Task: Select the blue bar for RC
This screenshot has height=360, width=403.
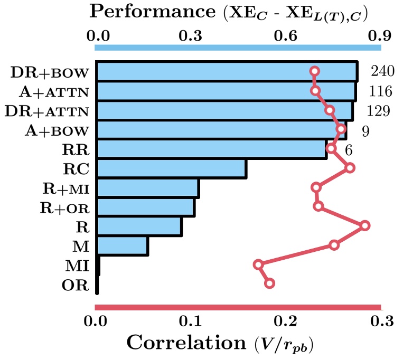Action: point(171,168)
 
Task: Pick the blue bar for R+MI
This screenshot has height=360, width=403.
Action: point(147,188)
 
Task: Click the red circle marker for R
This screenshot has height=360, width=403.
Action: point(364,226)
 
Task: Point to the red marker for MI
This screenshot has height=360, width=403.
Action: point(258,264)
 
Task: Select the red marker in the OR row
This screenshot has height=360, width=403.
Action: point(269,283)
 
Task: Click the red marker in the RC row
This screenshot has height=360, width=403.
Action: point(350,168)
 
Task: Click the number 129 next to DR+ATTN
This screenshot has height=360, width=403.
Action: point(378,111)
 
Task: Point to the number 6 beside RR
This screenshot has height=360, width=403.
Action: point(349,149)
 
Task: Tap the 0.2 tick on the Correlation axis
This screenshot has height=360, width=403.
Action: point(285,321)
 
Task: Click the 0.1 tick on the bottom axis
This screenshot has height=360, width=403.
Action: point(190,321)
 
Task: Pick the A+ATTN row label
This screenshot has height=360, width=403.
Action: point(54,92)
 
